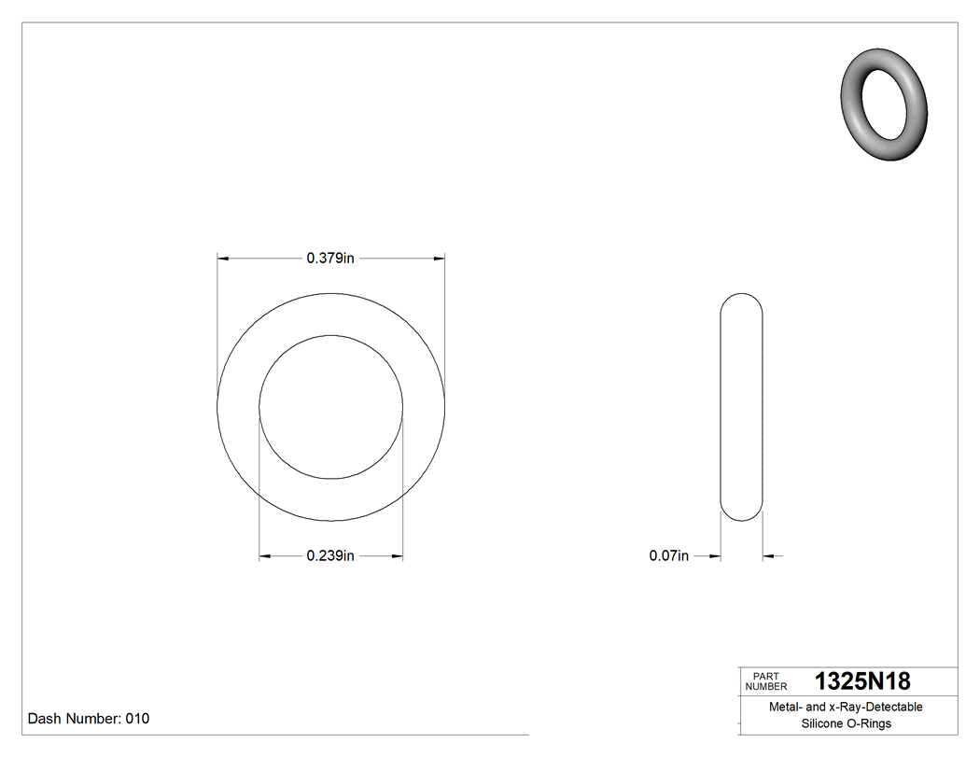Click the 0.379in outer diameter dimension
pyautogui.click(x=330, y=259)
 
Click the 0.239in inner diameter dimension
pyautogui.click(x=330, y=557)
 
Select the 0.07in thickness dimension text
pyautogui.click(x=668, y=557)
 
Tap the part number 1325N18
pyautogui.click(x=862, y=681)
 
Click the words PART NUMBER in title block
pyautogui.click(x=766, y=681)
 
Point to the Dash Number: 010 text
pyautogui.click(x=89, y=719)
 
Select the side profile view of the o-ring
pyautogui.click(x=742, y=408)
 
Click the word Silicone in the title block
pyautogui.click(x=822, y=724)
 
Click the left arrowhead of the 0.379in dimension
pyautogui.click(x=223, y=259)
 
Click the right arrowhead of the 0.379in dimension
pyautogui.click(x=439, y=259)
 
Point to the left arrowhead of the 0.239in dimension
pyautogui.click(x=265, y=557)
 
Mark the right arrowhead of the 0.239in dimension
pyautogui.click(x=397, y=557)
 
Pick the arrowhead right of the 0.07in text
pyautogui.click(x=715, y=557)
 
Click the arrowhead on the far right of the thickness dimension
pyautogui.click(x=769, y=557)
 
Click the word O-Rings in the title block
pyautogui.click(x=869, y=724)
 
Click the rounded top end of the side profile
pyautogui.click(x=742, y=301)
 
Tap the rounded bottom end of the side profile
pyautogui.click(x=742, y=515)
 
